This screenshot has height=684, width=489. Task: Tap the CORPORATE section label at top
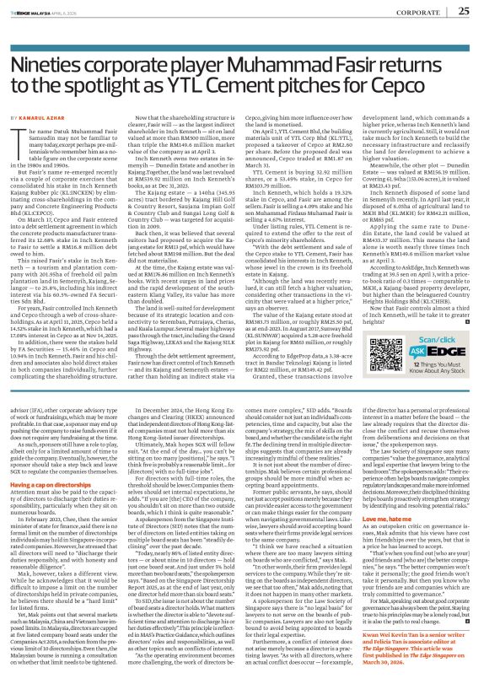412,12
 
